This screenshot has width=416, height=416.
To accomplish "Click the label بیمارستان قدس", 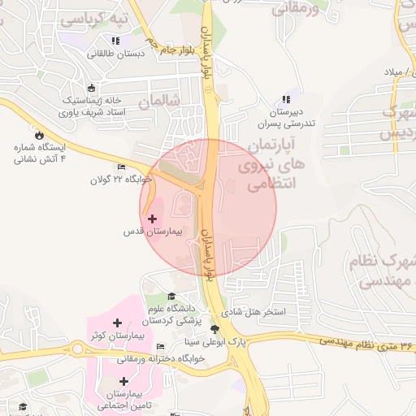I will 154,232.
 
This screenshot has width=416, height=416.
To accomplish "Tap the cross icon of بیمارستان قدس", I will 153,218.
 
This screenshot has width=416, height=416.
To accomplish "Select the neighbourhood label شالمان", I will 157,102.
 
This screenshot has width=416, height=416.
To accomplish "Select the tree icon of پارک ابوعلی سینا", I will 214,329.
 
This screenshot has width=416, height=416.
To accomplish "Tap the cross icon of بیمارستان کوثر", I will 118,323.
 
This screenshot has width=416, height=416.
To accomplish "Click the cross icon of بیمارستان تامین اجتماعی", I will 124,380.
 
